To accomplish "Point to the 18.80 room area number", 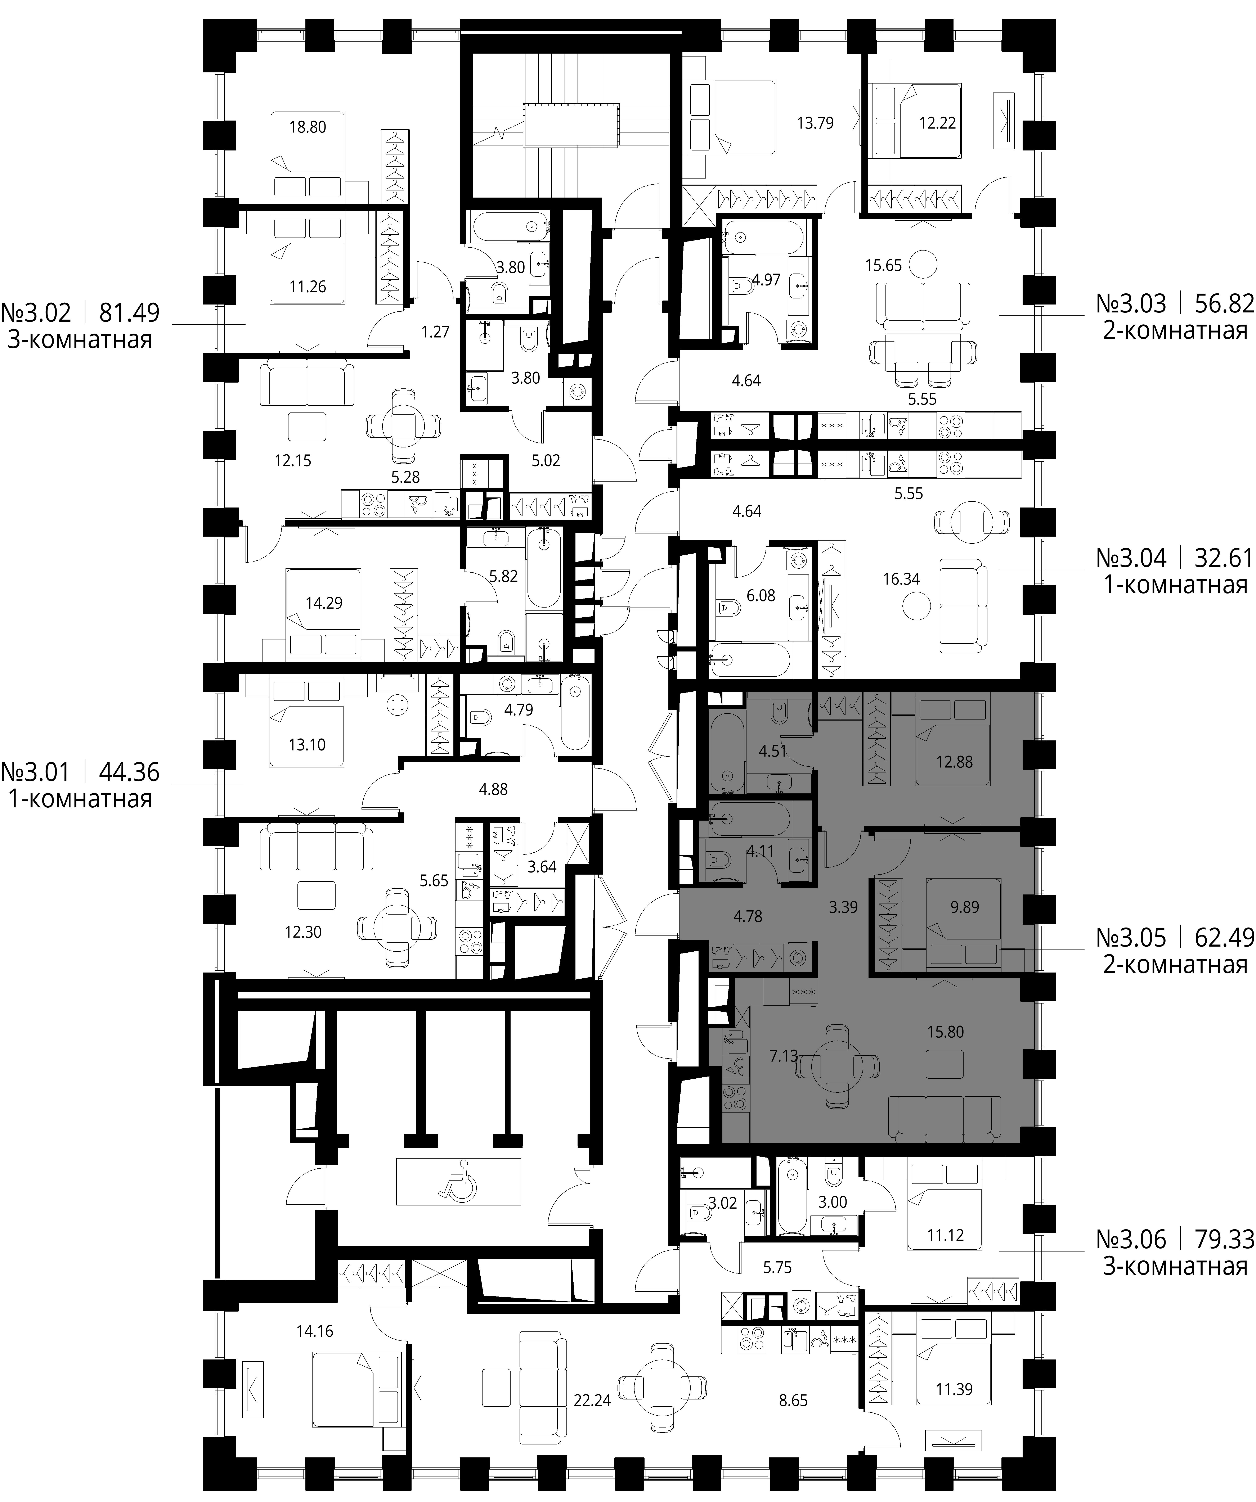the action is tap(308, 127).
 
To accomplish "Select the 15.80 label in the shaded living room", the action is tap(946, 1032).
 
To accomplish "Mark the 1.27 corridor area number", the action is tap(436, 332).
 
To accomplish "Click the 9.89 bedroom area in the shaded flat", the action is tap(965, 907).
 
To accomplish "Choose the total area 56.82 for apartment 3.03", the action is tap(1225, 304).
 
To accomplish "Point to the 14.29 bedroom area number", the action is tap(324, 603).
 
